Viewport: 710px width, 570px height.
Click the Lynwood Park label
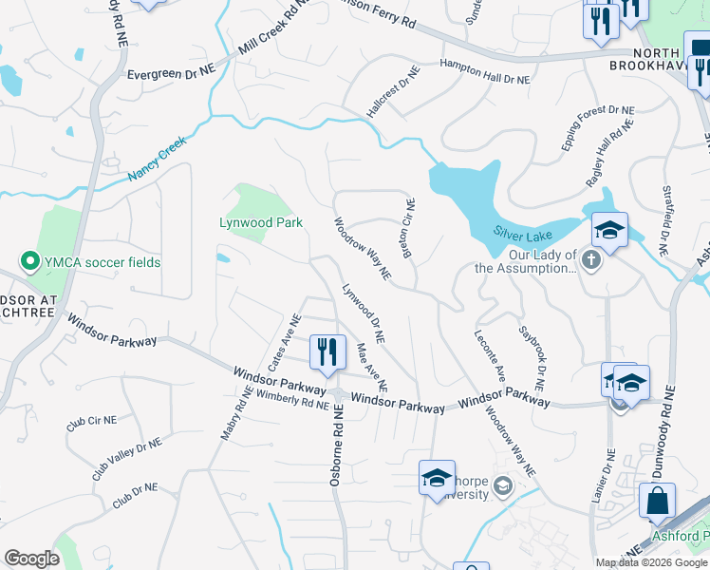(261, 222)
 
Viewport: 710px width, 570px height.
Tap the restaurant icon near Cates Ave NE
(326, 352)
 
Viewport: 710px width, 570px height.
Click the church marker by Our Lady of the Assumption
(591, 260)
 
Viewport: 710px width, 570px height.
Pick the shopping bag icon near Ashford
(657, 501)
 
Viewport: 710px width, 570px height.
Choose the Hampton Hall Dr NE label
(485, 73)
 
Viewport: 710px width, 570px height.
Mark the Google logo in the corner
(31, 559)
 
